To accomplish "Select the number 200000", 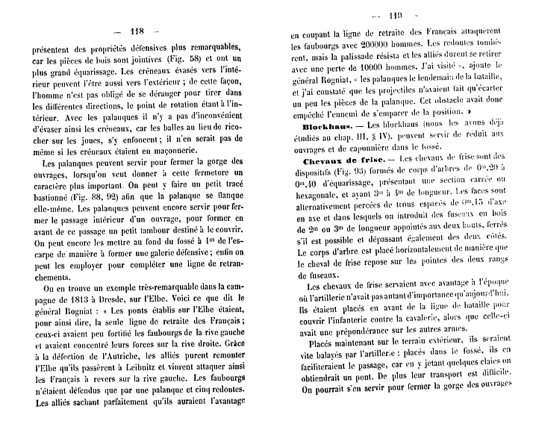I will tap(357, 46).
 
